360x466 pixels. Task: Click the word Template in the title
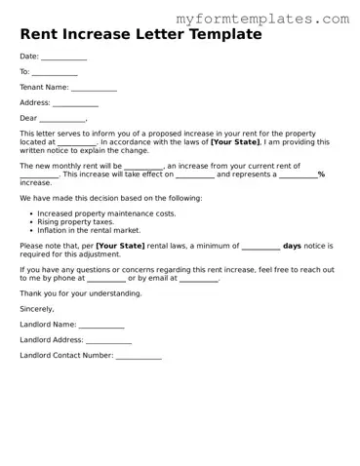tap(220, 35)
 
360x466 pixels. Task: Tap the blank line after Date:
tap(64, 58)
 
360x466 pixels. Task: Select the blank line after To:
tap(55, 73)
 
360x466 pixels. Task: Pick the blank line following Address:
tap(75, 103)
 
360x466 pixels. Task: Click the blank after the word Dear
tap(64, 119)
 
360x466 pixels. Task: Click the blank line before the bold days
tap(260, 246)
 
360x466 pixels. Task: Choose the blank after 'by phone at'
tap(106, 278)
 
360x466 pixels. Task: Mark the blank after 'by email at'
tap(199, 278)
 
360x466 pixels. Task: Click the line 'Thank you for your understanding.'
tap(80, 292)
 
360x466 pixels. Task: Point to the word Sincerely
tap(37, 308)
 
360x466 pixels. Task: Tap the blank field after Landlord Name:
tap(101, 325)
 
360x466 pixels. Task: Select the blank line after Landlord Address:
tap(108, 340)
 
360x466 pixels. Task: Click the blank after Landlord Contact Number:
tap(139, 356)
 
